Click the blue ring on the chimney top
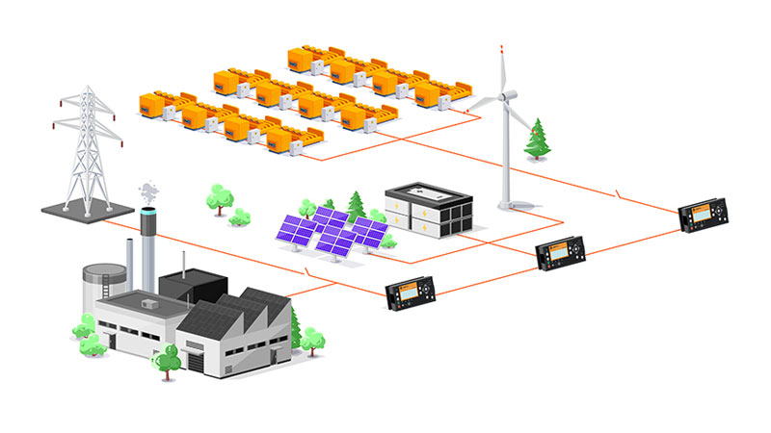point(148,210)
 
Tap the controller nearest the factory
point(411,293)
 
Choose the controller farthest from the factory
point(701,216)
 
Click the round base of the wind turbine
point(509,204)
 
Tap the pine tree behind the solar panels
point(357,204)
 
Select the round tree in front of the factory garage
point(168,357)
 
